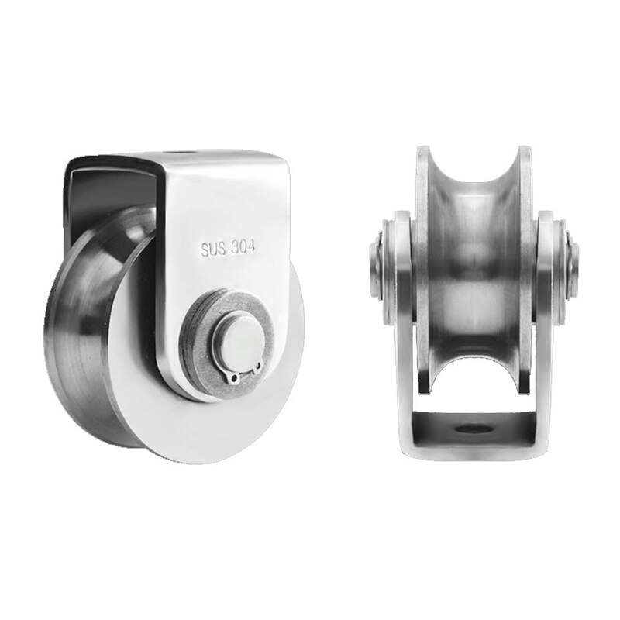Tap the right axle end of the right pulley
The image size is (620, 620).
coord(571,263)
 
